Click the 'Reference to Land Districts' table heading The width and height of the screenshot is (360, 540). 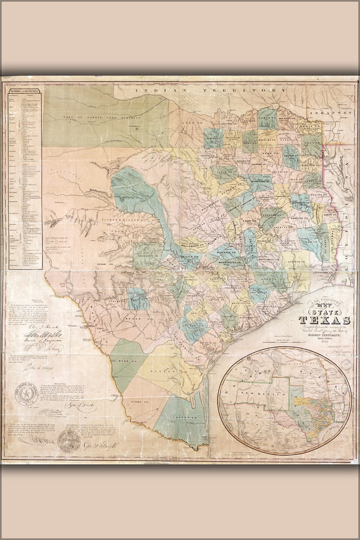[x=24, y=98]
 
